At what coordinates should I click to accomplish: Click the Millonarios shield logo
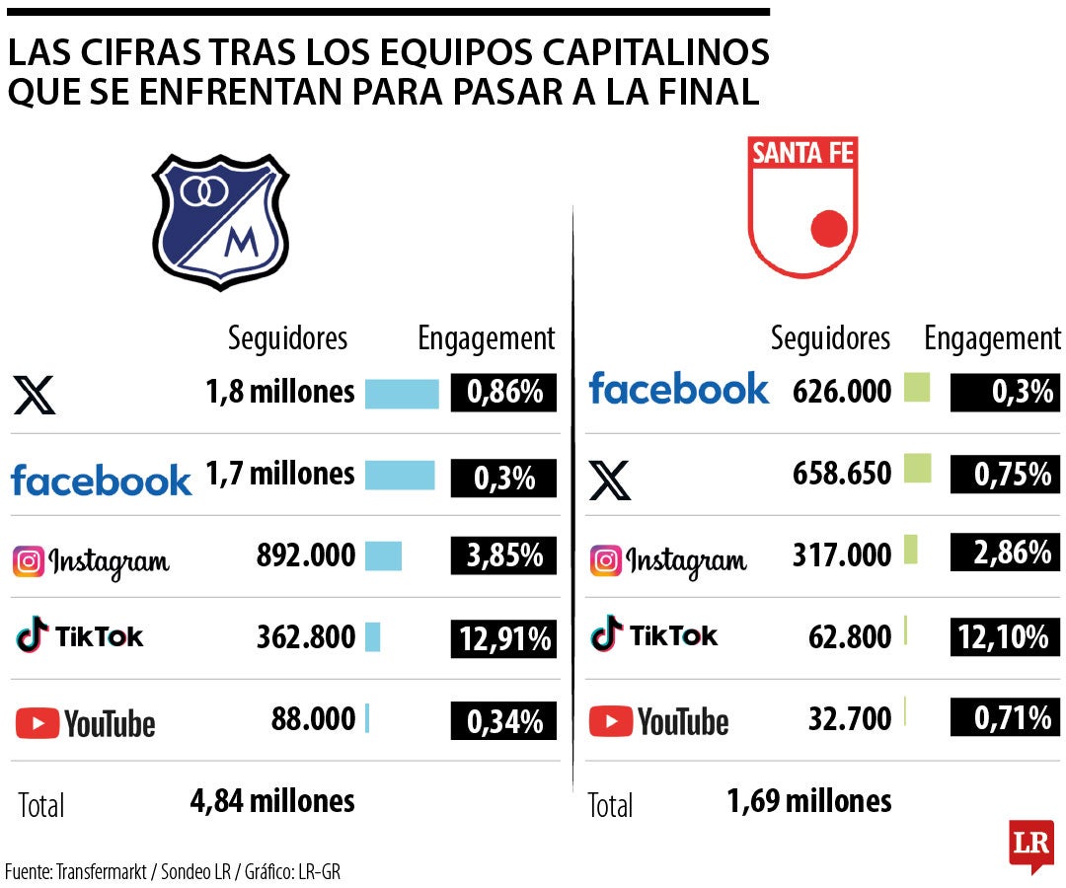coord(219,222)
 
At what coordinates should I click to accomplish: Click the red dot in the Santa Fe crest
coord(829,229)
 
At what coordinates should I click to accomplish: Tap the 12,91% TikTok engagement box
coord(504,638)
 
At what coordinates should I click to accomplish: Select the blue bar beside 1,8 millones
coord(402,394)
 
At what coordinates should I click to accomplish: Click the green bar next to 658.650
coord(917,469)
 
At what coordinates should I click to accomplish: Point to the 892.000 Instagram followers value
coord(306,555)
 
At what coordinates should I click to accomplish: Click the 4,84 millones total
coord(272,800)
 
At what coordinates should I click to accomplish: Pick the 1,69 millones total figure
coord(809,800)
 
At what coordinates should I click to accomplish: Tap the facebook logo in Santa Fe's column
coord(678,389)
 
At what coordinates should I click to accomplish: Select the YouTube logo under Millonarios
coord(86,723)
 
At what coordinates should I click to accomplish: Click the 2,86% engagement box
coord(1005,553)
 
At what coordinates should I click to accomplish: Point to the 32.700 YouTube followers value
coord(850,718)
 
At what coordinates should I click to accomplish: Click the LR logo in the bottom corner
coord(1030,845)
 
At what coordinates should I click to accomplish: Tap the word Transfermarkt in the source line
coord(102,872)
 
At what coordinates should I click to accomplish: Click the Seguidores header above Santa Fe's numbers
coord(830,339)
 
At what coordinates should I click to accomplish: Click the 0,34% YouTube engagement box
coord(504,721)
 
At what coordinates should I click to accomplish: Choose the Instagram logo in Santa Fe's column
coord(668,560)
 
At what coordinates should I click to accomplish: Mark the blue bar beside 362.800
coord(372,636)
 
